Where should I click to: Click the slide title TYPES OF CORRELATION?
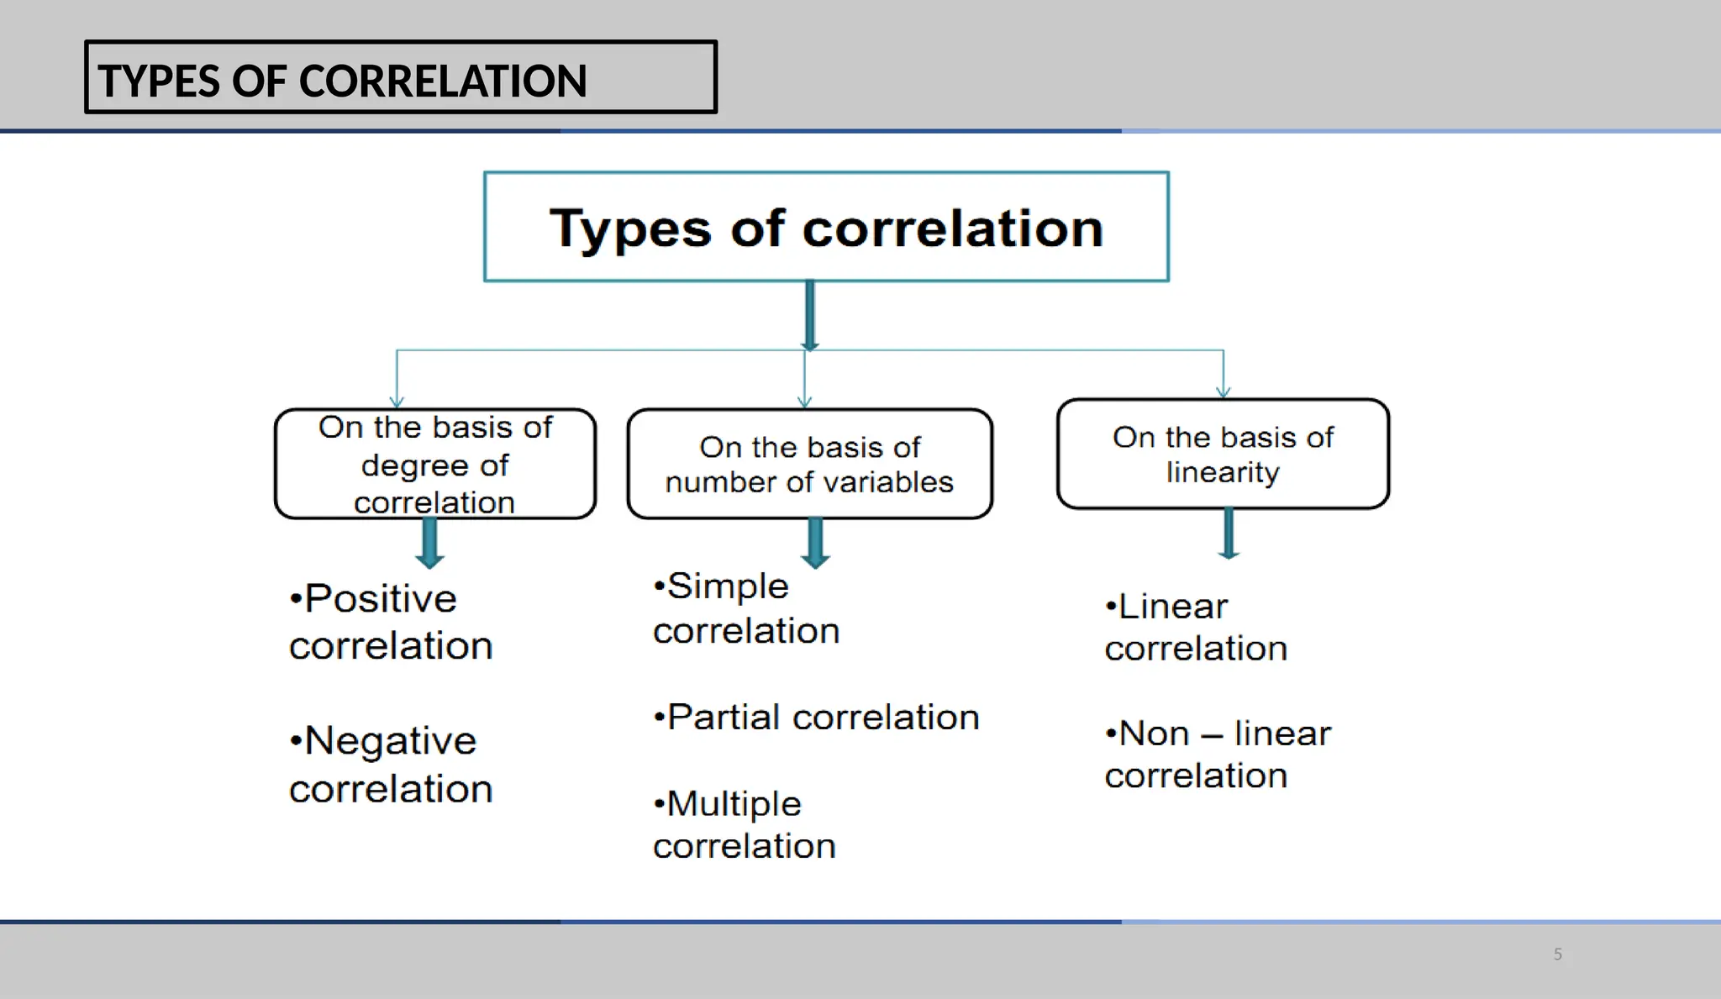pos(342,81)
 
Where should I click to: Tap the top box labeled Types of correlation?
pos(826,227)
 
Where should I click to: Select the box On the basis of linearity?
pos(1223,454)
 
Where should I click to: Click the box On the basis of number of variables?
pos(809,464)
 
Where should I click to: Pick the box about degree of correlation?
pos(434,464)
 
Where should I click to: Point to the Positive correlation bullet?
pos(390,622)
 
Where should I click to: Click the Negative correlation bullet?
pos(390,765)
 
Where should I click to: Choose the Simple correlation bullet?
pos(745,608)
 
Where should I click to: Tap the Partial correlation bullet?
pos(816,718)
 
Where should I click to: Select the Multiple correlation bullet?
pos(744,824)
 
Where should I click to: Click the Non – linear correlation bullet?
pos(1218,754)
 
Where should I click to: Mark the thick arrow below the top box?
pos(809,315)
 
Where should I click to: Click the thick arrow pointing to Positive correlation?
pos(429,543)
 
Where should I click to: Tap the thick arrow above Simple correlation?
pos(815,543)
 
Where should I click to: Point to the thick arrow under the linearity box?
pos(1229,534)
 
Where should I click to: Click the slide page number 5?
pos(1557,954)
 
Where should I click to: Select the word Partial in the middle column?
pos(724,718)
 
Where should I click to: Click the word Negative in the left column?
pos(390,741)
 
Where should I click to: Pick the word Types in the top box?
pos(630,229)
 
